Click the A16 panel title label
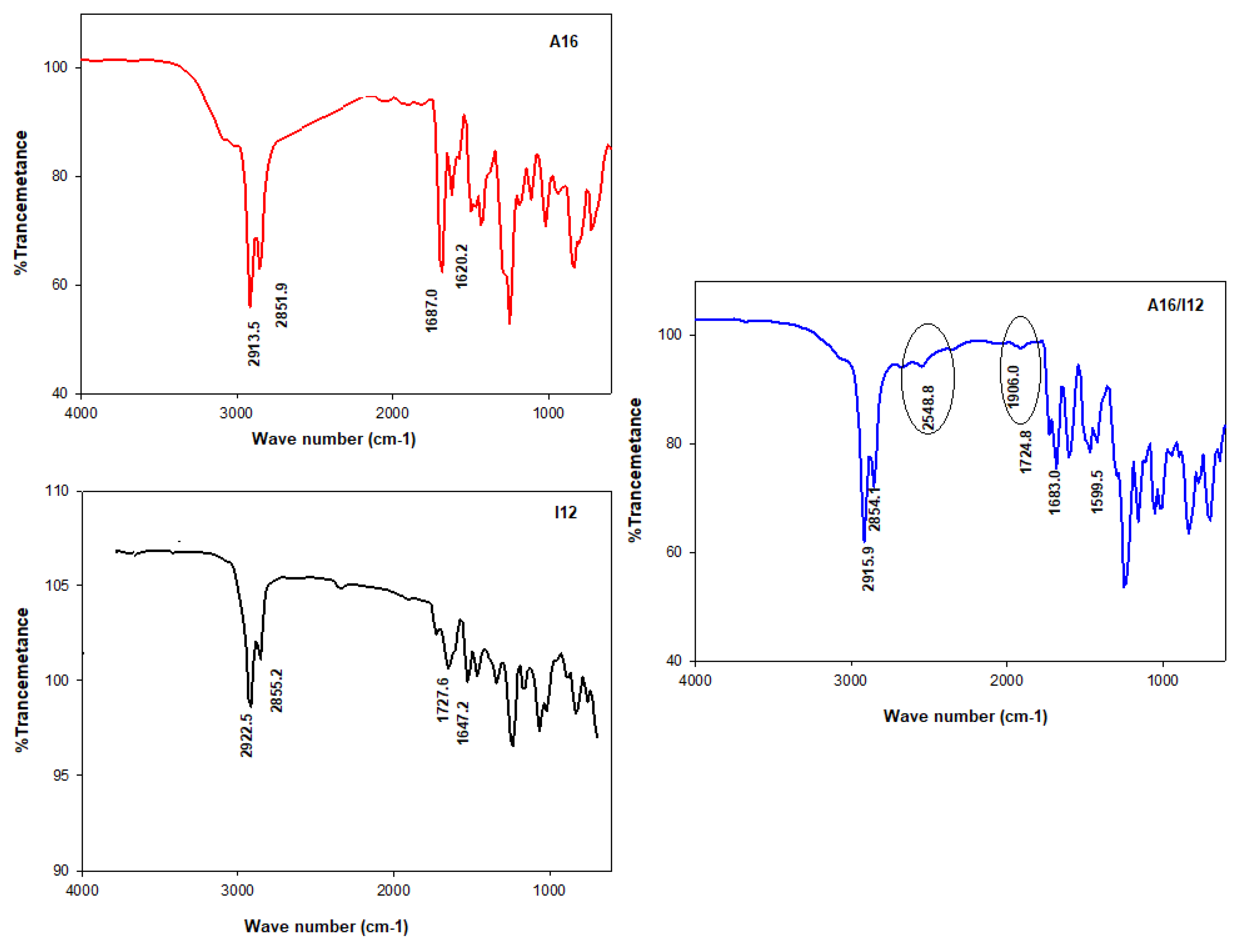coord(563,42)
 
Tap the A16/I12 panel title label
coord(1175,305)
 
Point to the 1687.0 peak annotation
coord(431,310)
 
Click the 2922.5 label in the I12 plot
coord(246,735)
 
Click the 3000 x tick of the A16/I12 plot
coord(850,681)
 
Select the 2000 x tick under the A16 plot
coord(392,413)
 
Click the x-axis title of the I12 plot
coord(326,926)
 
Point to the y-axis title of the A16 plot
coord(21,202)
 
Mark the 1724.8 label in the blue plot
coord(1026,451)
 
